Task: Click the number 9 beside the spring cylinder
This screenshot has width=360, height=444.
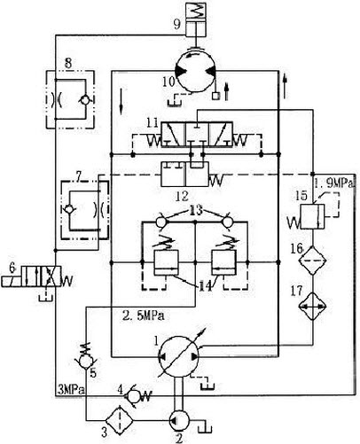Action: pyautogui.click(x=176, y=24)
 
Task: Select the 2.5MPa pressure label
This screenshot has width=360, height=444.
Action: pyautogui.click(x=144, y=315)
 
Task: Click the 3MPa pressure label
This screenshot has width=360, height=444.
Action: pyautogui.click(x=71, y=390)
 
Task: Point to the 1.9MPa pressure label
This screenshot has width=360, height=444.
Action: pyautogui.click(x=333, y=184)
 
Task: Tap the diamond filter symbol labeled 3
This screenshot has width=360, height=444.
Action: pyautogui.click(x=119, y=420)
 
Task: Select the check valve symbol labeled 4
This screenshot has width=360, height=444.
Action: pyautogui.click(x=133, y=396)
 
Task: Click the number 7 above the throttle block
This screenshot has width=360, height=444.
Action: pyautogui.click(x=78, y=176)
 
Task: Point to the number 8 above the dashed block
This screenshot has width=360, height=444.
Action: pyautogui.click(x=68, y=64)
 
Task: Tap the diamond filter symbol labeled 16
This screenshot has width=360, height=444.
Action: pyautogui.click(x=313, y=261)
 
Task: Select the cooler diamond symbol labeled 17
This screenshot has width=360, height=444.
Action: pyautogui.click(x=313, y=307)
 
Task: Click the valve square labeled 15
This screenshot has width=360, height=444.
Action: pyautogui.click(x=313, y=216)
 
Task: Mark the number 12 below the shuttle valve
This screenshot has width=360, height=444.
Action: pyautogui.click(x=182, y=196)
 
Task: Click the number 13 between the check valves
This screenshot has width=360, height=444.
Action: pyautogui.click(x=195, y=211)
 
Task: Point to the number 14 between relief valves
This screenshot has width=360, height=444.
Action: pyautogui.click(x=205, y=286)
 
